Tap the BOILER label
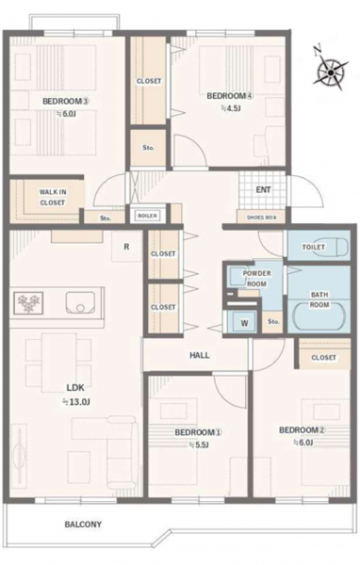pos(148,216)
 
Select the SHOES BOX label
pos(262,218)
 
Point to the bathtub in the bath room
pos(319,317)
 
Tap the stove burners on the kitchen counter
pos(28,302)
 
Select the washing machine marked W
pos(244,322)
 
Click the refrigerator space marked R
pos(126,247)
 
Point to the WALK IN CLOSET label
pos(53,197)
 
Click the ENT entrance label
pos(263,189)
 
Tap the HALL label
pos(200,355)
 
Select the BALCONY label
pos(83,525)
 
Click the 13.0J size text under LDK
pos(77,402)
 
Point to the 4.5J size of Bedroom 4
pos(231,107)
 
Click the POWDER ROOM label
pos(256,279)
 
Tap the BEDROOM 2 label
pos(303,430)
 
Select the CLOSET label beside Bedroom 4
pos(149,81)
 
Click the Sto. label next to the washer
pos(273,321)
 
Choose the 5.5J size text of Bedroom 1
pos(200,445)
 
